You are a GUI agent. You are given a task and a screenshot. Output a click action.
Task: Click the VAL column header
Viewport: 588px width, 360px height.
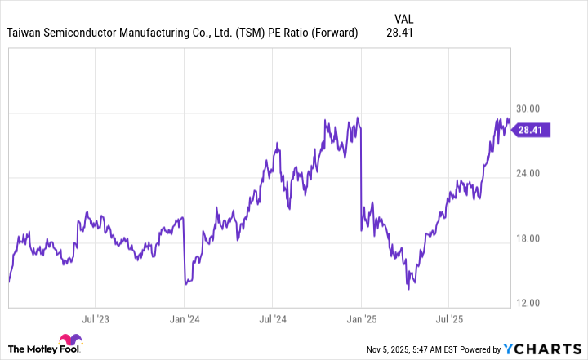[x=403, y=17]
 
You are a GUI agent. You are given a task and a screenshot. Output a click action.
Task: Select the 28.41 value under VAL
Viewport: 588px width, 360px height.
[x=400, y=33]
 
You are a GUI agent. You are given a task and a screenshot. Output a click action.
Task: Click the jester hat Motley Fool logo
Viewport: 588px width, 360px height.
[x=68, y=344]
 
